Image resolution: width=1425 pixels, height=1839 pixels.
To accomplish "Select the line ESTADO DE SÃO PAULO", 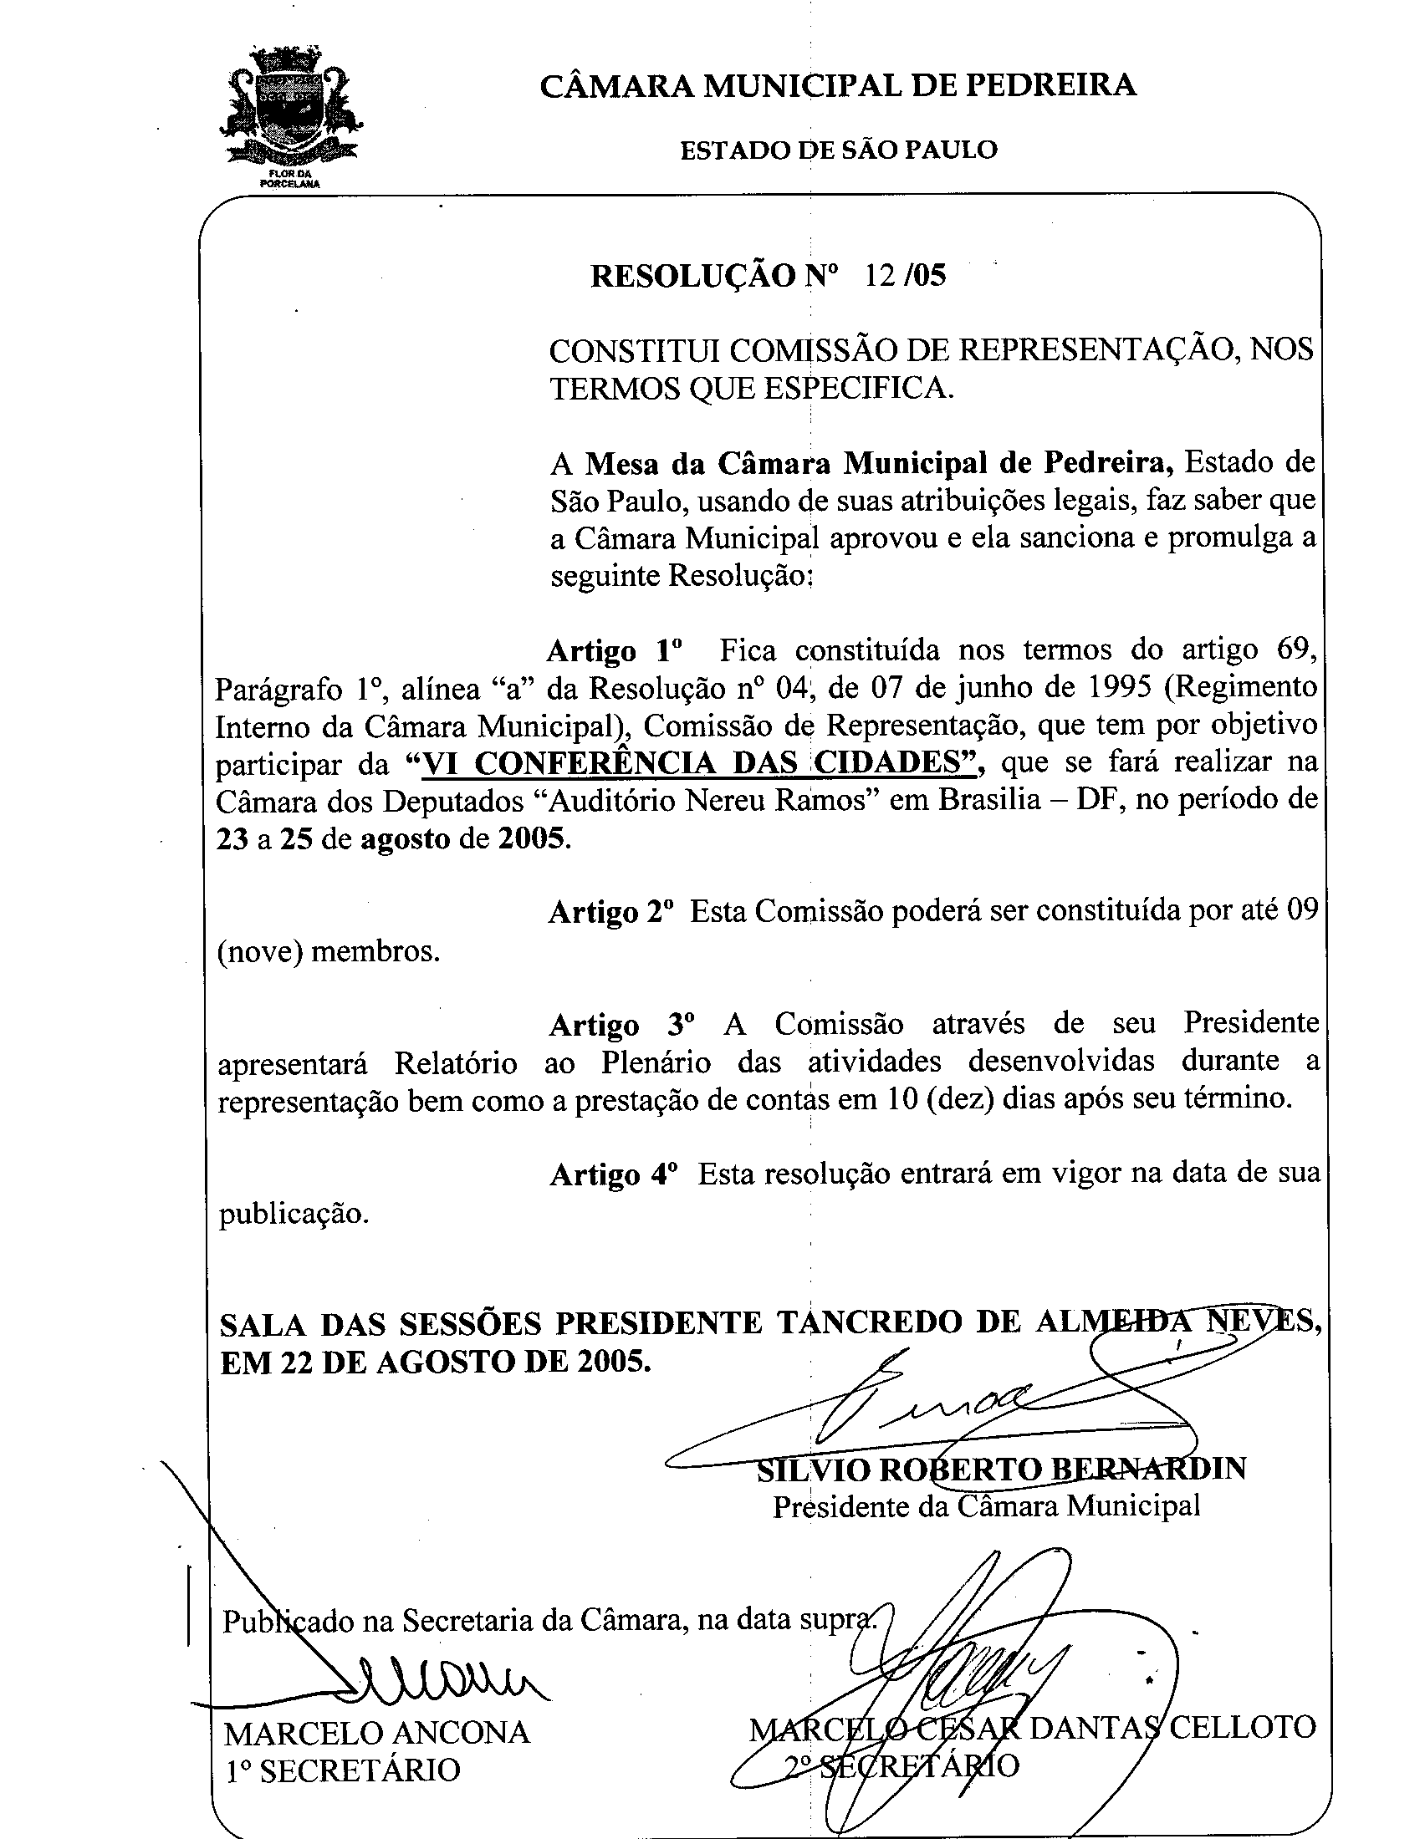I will point(838,150).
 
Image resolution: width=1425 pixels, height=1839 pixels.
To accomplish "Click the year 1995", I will point(1115,688).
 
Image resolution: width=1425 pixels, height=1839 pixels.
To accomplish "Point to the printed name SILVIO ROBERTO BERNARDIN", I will point(1000,1468).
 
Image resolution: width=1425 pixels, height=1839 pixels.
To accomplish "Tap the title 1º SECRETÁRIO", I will point(343,1770).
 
